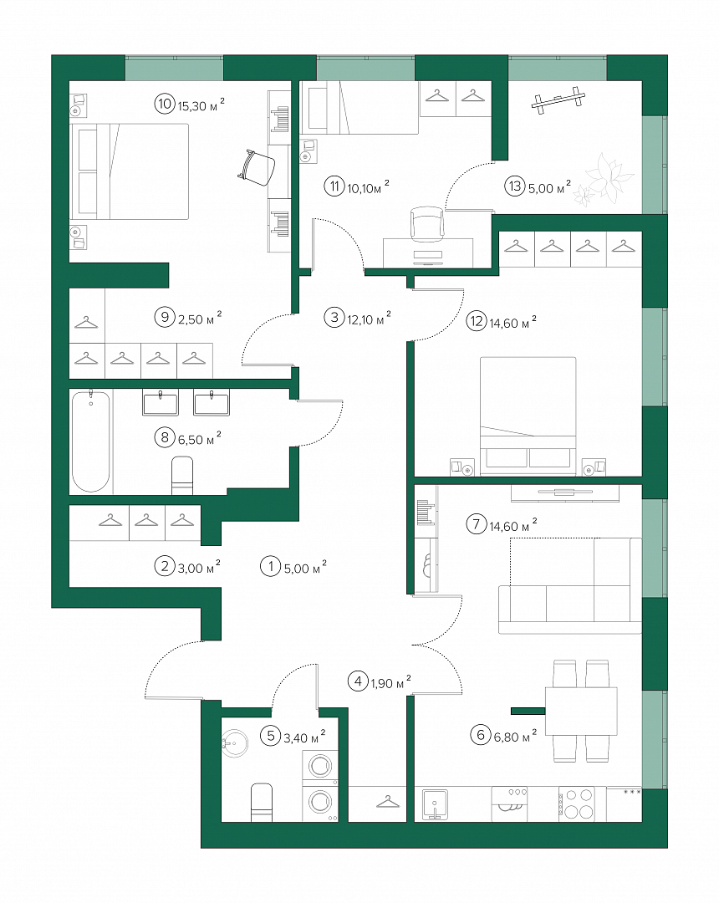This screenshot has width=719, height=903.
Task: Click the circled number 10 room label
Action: (165, 104)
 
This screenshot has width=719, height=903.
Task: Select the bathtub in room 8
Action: (91, 441)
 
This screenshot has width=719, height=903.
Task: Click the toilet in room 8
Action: (182, 476)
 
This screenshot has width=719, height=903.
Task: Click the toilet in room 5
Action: (262, 802)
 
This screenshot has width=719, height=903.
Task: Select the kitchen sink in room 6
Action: (435, 804)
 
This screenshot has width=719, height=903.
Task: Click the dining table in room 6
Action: (581, 711)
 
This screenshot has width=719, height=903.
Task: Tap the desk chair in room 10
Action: (256, 166)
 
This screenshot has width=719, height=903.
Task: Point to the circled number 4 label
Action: (358, 681)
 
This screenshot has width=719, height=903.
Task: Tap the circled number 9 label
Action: (165, 318)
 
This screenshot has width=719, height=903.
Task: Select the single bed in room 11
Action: (359, 108)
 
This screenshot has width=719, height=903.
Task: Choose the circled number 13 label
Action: (515, 186)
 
